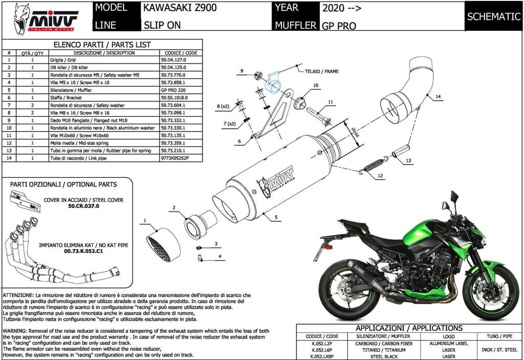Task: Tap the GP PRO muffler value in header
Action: pyautogui.click(x=339, y=26)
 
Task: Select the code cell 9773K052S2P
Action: pyautogui.click(x=175, y=158)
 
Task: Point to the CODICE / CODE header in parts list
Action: pyautogui.click(x=181, y=53)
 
